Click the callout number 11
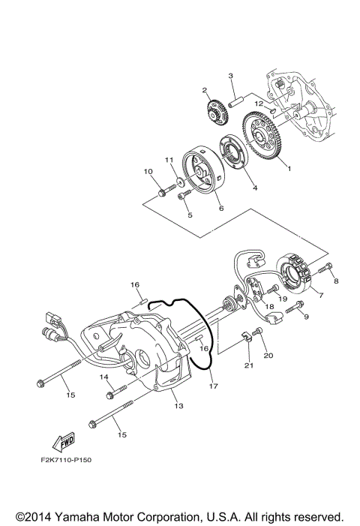click(169, 160)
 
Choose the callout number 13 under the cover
click(178, 405)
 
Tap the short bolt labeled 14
click(112, 391)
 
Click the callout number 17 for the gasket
click(212, 386)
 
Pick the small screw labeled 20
click(259, 332)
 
